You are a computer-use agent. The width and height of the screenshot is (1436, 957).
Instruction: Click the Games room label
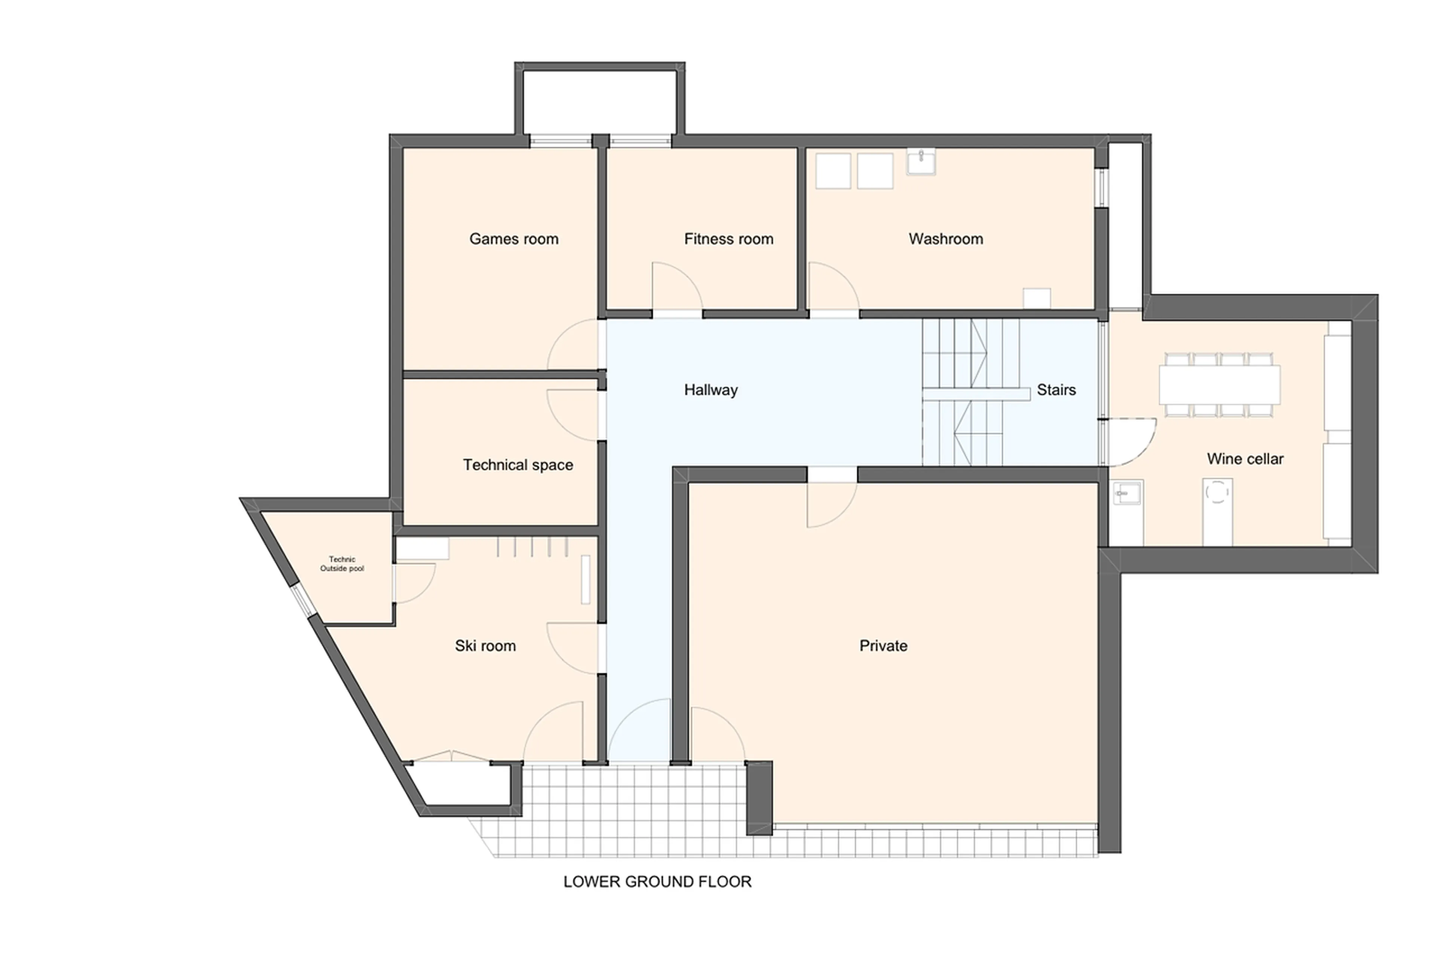(x=513, y=239)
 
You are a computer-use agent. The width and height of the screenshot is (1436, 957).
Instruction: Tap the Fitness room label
(x=728, y=239)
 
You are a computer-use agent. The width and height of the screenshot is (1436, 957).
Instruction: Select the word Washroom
(x=945, y=239)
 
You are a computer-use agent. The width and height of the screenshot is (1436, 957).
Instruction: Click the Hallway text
(x=711, y=389)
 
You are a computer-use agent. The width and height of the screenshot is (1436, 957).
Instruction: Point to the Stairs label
(x=1056, y=389)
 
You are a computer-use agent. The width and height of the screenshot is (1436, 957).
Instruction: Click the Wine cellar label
(x=1245, y=458)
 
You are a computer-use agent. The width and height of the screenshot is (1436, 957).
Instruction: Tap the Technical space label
(x=518, y=464)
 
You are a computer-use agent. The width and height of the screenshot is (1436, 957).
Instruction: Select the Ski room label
(x=485, y=645)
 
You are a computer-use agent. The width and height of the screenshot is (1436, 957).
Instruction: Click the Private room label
(x=883, y=645)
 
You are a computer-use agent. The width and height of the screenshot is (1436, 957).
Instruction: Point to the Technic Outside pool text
(x=342, y=563)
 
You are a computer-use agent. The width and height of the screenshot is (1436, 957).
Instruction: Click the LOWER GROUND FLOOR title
(x=657, y=881)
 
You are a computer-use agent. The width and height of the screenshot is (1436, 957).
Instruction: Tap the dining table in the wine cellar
(x=1219, y=384)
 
